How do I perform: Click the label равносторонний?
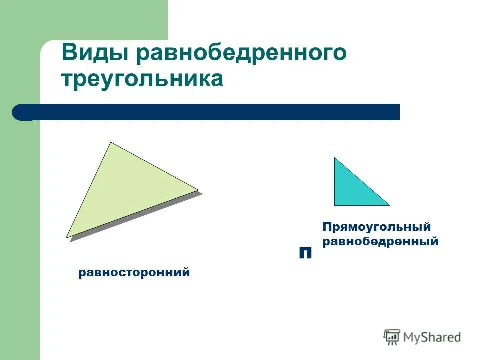134,273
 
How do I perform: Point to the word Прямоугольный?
376,227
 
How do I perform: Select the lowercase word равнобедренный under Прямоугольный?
380,242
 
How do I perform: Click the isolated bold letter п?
305,253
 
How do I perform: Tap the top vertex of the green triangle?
111,143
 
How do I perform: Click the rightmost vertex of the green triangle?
198,190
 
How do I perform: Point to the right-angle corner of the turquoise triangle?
335,204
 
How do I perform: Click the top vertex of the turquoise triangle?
335,159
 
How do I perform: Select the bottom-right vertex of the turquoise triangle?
388,204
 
